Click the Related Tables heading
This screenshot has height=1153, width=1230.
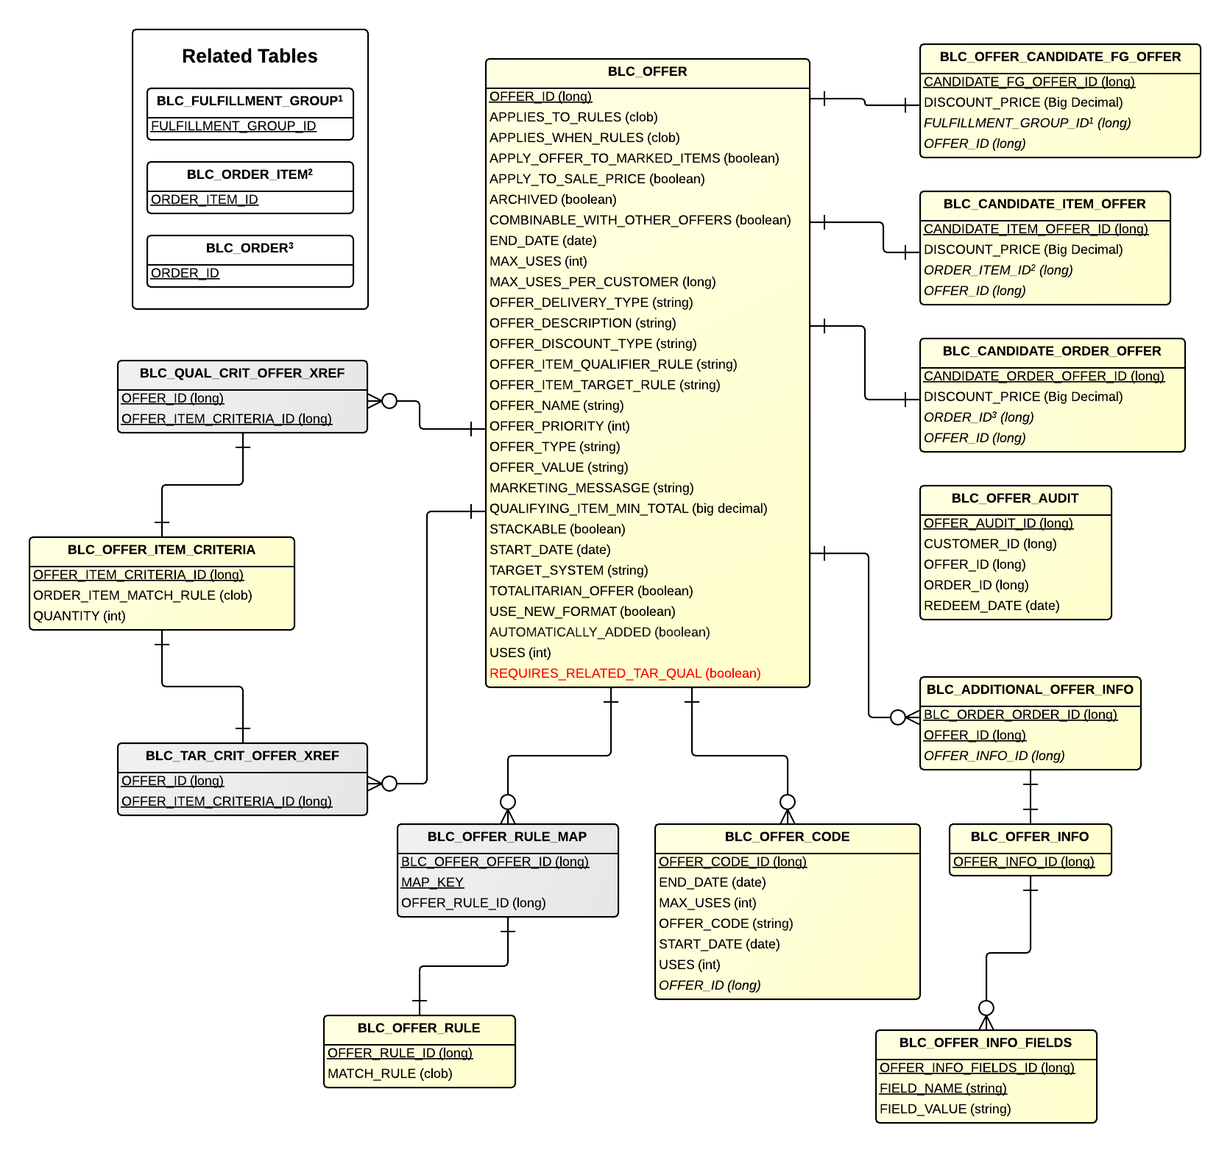tap(250, 56)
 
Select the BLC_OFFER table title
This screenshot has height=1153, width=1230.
tap(647, 71)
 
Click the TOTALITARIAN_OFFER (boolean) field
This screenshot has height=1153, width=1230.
tap(591, 591)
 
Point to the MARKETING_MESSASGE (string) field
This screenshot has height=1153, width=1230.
tap(591, 488)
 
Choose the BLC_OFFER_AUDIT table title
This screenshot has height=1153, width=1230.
tap(1014, 498)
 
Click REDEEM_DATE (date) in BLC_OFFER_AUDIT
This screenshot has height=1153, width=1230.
tap(991, 606)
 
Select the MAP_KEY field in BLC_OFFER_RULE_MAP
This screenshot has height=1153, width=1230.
tap(432, 882)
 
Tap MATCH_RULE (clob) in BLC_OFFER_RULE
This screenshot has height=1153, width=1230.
tap(389, 1074)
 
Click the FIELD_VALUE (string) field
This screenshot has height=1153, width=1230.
tap(944, 1109)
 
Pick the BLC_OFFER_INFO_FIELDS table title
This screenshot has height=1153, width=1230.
tap(985, 1043)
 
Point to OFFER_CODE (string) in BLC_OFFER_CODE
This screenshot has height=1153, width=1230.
tap(725, 923)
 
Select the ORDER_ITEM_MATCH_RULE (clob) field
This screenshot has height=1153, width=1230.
tap(142, 595)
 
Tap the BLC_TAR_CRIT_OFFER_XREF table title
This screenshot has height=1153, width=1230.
tap(242, 756)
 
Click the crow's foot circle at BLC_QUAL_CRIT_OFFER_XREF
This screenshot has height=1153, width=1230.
tap(389, 401)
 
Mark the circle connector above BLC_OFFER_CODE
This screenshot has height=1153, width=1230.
tap(788, 801)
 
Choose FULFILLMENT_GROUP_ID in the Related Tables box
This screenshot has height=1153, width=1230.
tap(233, 126)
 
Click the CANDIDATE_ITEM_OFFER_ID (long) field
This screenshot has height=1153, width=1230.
tap(1035, 229)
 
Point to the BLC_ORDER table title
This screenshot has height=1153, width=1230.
tap(250, 248)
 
